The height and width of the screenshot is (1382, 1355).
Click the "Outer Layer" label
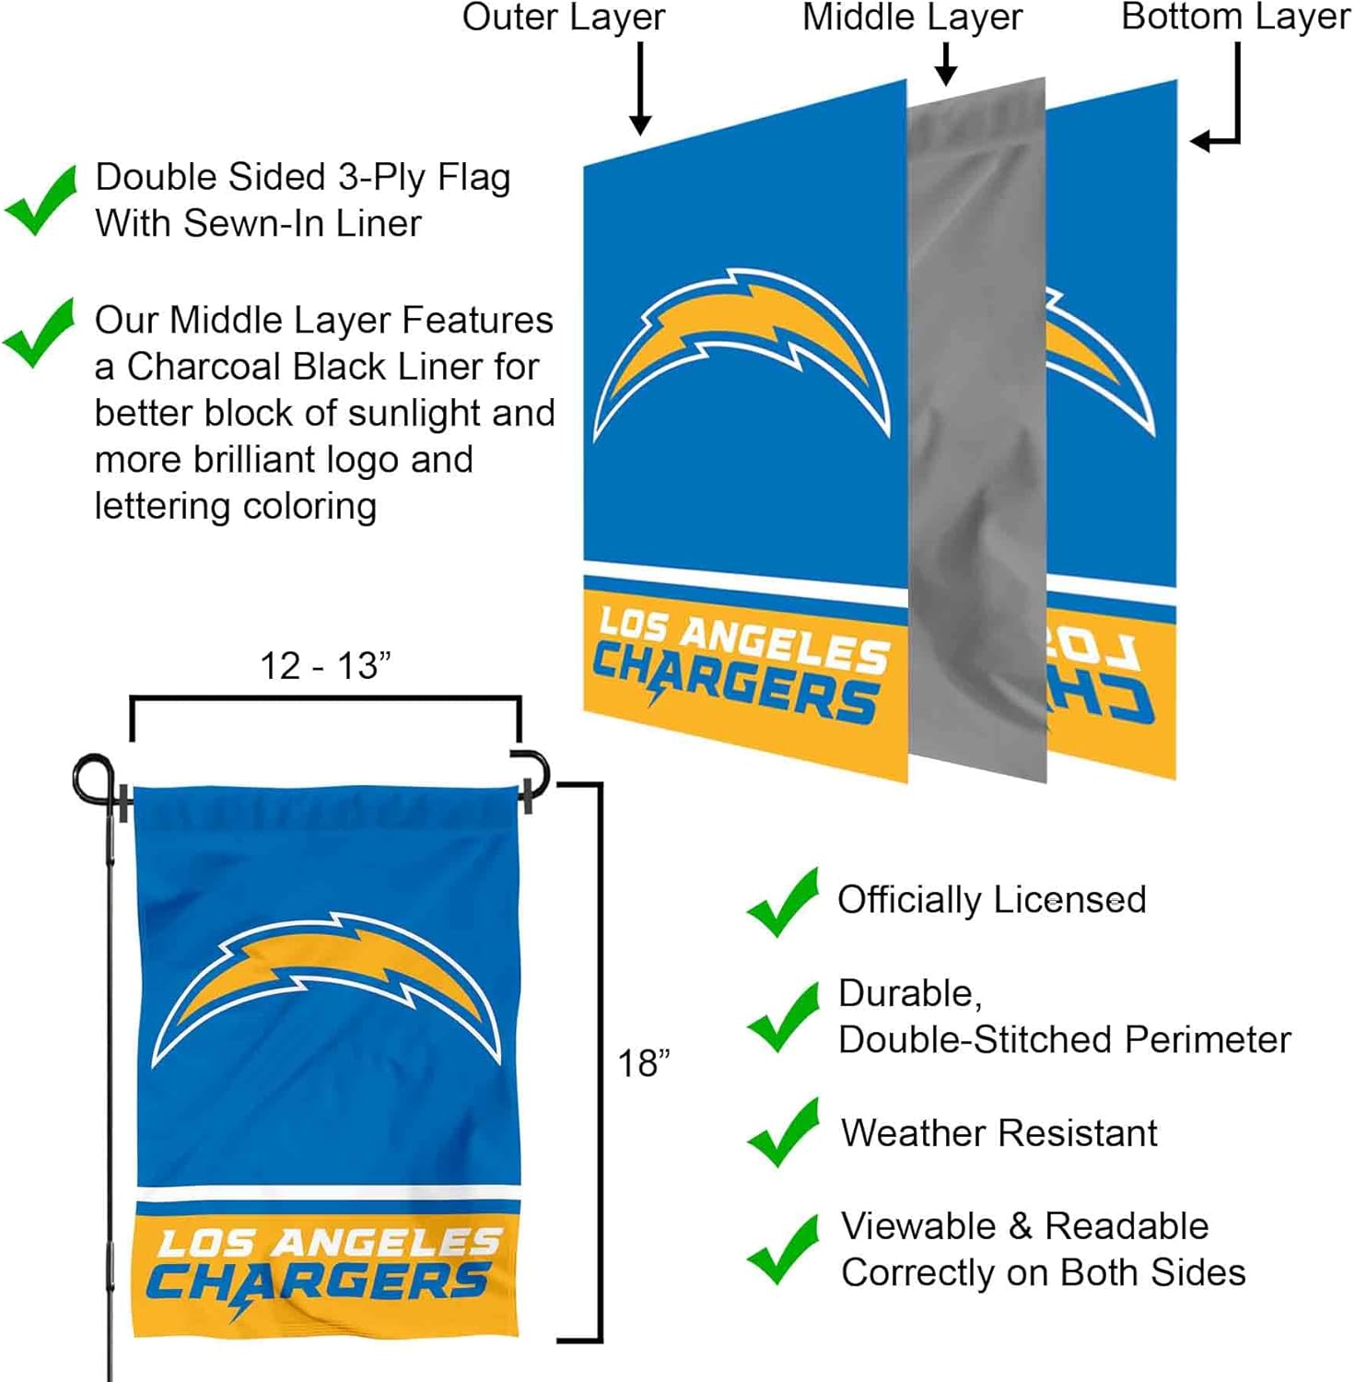point(563,18)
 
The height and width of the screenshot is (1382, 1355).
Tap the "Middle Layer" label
point(912,18)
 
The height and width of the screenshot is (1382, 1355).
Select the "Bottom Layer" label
point(1234,18)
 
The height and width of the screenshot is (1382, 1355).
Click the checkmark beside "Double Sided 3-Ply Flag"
point(41,200)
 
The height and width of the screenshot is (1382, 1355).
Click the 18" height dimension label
point(643,1063)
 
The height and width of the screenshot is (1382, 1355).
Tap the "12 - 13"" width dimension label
point(325,665)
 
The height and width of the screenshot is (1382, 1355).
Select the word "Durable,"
point(910,993)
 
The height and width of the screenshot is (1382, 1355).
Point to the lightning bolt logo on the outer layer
point(742,350)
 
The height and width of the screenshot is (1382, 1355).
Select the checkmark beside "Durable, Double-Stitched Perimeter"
point(783,1017)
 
